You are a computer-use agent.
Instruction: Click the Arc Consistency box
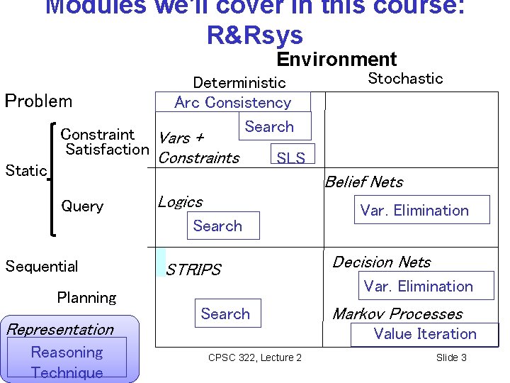pos(233,102)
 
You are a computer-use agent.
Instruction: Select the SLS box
pos(290,157)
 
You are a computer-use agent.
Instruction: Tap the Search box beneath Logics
pos(218,226)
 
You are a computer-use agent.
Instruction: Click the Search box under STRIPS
pos(225,313)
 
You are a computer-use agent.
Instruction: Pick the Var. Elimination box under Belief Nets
pos(414,210)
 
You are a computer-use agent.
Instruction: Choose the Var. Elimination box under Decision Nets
pos(418,287)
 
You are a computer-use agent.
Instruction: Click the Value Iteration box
pos(425,334)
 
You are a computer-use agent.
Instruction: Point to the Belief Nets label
pos(363,182)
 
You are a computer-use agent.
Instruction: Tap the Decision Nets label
pos(381,262)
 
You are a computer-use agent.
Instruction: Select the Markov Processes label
pos(397,313)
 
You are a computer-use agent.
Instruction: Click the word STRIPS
pos(193,270)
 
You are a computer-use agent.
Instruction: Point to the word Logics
pos(180,202)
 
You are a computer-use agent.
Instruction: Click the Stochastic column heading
pos(405,79)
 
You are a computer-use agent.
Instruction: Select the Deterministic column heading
pos(239,83)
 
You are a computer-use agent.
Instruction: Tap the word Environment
pos(336,60)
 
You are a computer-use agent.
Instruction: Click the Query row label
pos(82,206)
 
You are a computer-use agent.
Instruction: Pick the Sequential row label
pos(42,267)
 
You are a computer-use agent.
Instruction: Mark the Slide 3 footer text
pos(451,357)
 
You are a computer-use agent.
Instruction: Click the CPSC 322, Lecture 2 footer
pos(255,357)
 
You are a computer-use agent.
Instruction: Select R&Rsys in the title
pos(254,35)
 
